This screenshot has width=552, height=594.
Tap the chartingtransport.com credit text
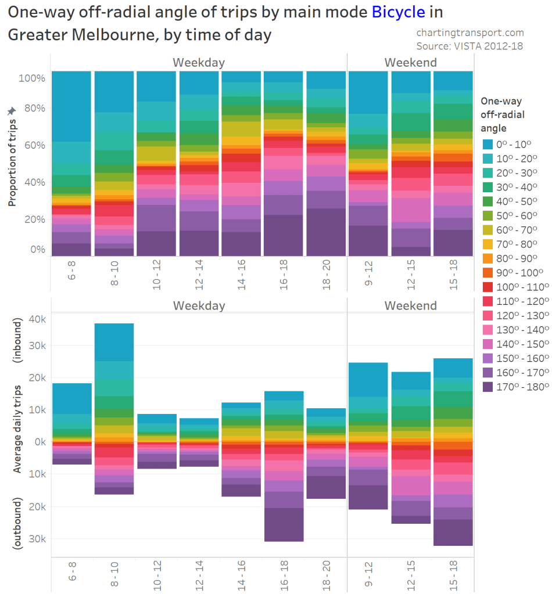[x=470, y=33]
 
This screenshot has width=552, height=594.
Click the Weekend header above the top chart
[x=410, y=62]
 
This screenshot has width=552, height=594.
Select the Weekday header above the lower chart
[x=199, y=305]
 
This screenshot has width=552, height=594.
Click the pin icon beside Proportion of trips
[x=11, y=110]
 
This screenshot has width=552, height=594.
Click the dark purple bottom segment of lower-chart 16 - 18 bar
[x=284, y=524]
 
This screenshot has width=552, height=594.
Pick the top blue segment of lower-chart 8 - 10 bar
[x=114, y=342]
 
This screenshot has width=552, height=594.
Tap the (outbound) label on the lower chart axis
[x=18, y=522]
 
